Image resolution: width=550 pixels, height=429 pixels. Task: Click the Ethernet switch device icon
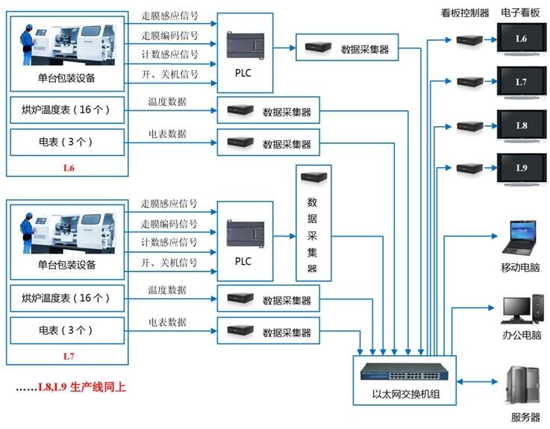(x=404, y=373)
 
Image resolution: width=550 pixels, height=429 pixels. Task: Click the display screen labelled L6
(x=521, y=38)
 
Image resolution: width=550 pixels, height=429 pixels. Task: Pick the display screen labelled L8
(x=521, y=125)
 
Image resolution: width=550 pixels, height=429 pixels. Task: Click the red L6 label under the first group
(x=69, y=169)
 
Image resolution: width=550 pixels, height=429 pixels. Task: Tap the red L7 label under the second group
(x=69, y=357)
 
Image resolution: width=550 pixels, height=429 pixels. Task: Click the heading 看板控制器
(x=464, y=13)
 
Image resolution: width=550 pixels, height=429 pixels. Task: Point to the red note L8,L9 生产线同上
(x=70, y=388)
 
